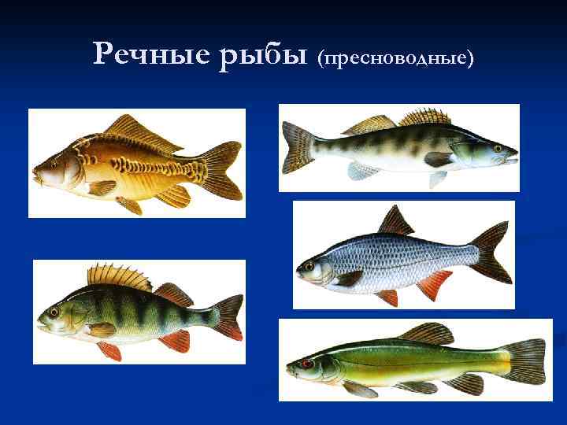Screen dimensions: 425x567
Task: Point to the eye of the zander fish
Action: point(498,147)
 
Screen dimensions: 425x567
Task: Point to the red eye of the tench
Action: point(306,364)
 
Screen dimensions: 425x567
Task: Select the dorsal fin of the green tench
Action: point(426,332)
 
